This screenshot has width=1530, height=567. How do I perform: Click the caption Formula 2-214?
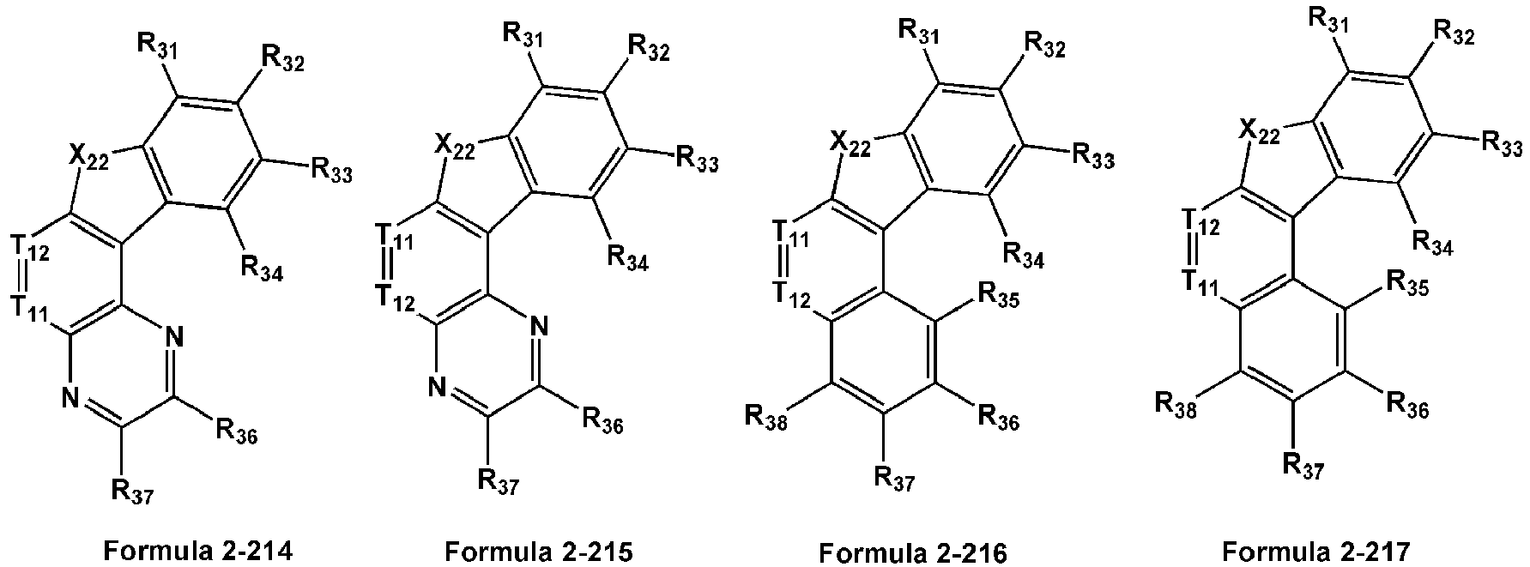pyautogui.click(x=198, y=550)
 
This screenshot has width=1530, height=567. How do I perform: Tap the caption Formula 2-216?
pyautogui.click(x=913, y=550)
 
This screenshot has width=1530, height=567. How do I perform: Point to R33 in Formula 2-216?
pyautogui.click(x=1092, y=156)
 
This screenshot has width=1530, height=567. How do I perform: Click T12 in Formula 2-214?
pyautogui.click(x=33, y=250)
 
